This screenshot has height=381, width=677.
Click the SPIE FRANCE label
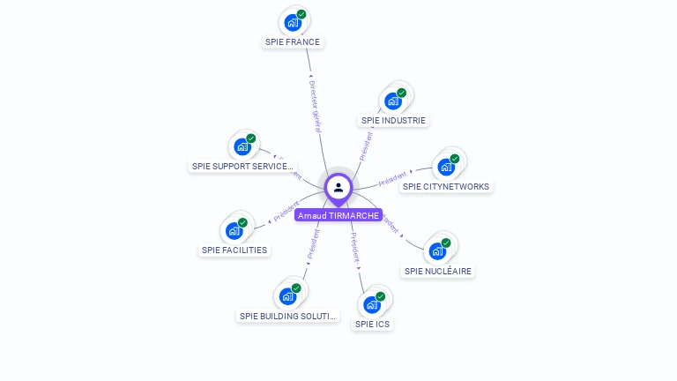[293, 41]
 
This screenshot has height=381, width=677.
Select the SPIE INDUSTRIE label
[393, 120]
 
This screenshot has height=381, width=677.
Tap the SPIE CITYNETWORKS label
[446, 186]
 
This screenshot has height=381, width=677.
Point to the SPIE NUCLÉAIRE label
[438, 272]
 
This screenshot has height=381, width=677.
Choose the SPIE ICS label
[372, 324]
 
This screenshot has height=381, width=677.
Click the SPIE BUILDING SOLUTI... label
[287, 316]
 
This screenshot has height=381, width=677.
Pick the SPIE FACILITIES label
[234, 250]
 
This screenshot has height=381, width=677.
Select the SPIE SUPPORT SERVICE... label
[243, 166]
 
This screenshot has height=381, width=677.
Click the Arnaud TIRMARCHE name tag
[338, 215]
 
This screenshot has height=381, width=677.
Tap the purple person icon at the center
[338, 187]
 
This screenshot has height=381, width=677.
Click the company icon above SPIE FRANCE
[293, 23]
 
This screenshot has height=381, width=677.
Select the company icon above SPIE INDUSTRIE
[393, 101]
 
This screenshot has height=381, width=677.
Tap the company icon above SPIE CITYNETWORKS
[446, 167]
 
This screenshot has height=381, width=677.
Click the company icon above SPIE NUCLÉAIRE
[437, 251]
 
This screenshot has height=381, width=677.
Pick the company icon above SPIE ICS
[372, 305]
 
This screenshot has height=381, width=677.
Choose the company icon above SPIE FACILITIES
[234, 231]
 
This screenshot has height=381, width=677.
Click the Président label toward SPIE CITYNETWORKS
[393, 179]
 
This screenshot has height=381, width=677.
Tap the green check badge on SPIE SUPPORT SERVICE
[251, 138]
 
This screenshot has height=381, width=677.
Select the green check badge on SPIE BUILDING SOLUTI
[296, 288]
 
